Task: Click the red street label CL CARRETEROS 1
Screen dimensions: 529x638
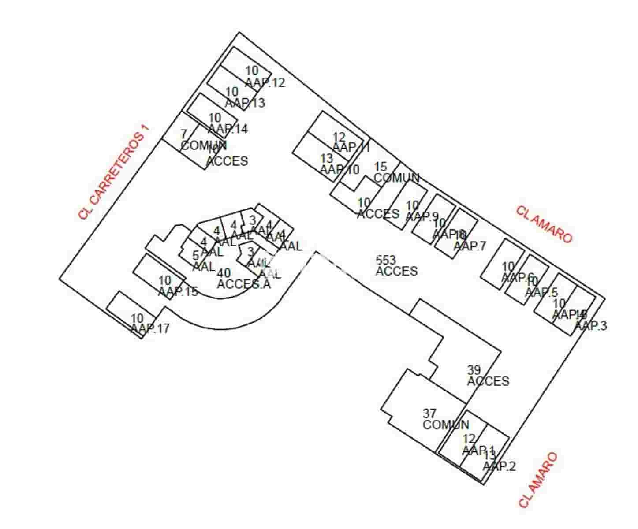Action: (114, 172)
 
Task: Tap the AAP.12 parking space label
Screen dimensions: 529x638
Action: (265, 82)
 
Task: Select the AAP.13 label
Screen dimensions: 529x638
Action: (245, 103)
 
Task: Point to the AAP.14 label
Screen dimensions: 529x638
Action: (228, 129)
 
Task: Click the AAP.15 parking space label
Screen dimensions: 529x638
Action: (178, 291)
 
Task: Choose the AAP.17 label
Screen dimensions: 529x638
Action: (150, 328)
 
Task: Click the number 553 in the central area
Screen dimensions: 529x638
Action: (386, 260)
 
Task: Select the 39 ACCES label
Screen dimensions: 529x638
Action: (488, 376)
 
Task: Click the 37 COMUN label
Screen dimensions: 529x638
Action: (445, 420)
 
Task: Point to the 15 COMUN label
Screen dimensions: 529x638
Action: (396, 173)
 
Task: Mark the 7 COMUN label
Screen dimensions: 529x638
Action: (203, 140)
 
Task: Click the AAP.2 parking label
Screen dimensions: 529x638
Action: (499, 466)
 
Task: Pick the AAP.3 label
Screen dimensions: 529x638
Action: (591, 326)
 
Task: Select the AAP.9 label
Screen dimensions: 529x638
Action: (422, 216)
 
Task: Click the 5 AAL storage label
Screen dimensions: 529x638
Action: (204, 261)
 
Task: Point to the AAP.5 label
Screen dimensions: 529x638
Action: (541, 292)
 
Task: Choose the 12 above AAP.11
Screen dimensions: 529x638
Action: (339, 137)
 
